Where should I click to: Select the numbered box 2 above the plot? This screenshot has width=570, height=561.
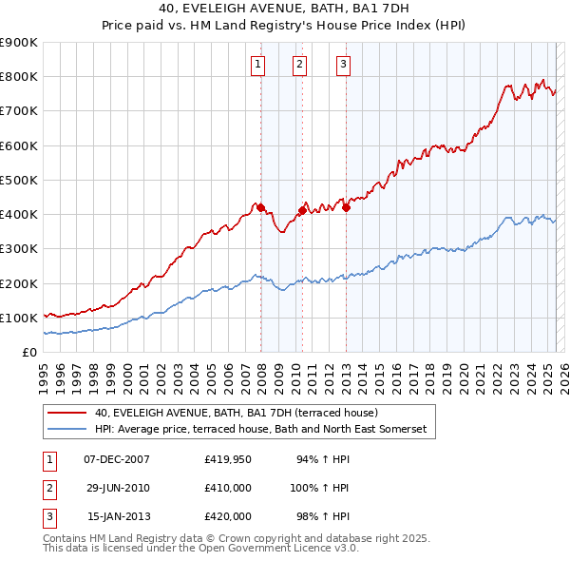click(299, 65)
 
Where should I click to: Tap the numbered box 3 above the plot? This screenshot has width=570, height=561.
click(342, 65)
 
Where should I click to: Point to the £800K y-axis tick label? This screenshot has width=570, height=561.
click(19, 77)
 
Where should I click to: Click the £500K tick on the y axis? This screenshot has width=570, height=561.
click(19, 180)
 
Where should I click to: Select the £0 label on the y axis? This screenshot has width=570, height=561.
click(29, 352)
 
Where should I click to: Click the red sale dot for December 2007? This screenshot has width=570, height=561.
click(260, 207)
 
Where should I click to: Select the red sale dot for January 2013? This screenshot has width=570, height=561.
click(346, 207)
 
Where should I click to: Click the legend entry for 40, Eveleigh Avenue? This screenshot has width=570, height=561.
click(237, 413)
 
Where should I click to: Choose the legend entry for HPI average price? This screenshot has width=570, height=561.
click(261, 430)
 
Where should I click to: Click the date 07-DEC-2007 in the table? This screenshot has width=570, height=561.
click(117, 459)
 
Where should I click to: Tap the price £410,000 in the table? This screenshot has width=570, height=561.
click(228, 488)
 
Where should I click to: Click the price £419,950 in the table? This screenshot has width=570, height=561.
click(228, 459)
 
